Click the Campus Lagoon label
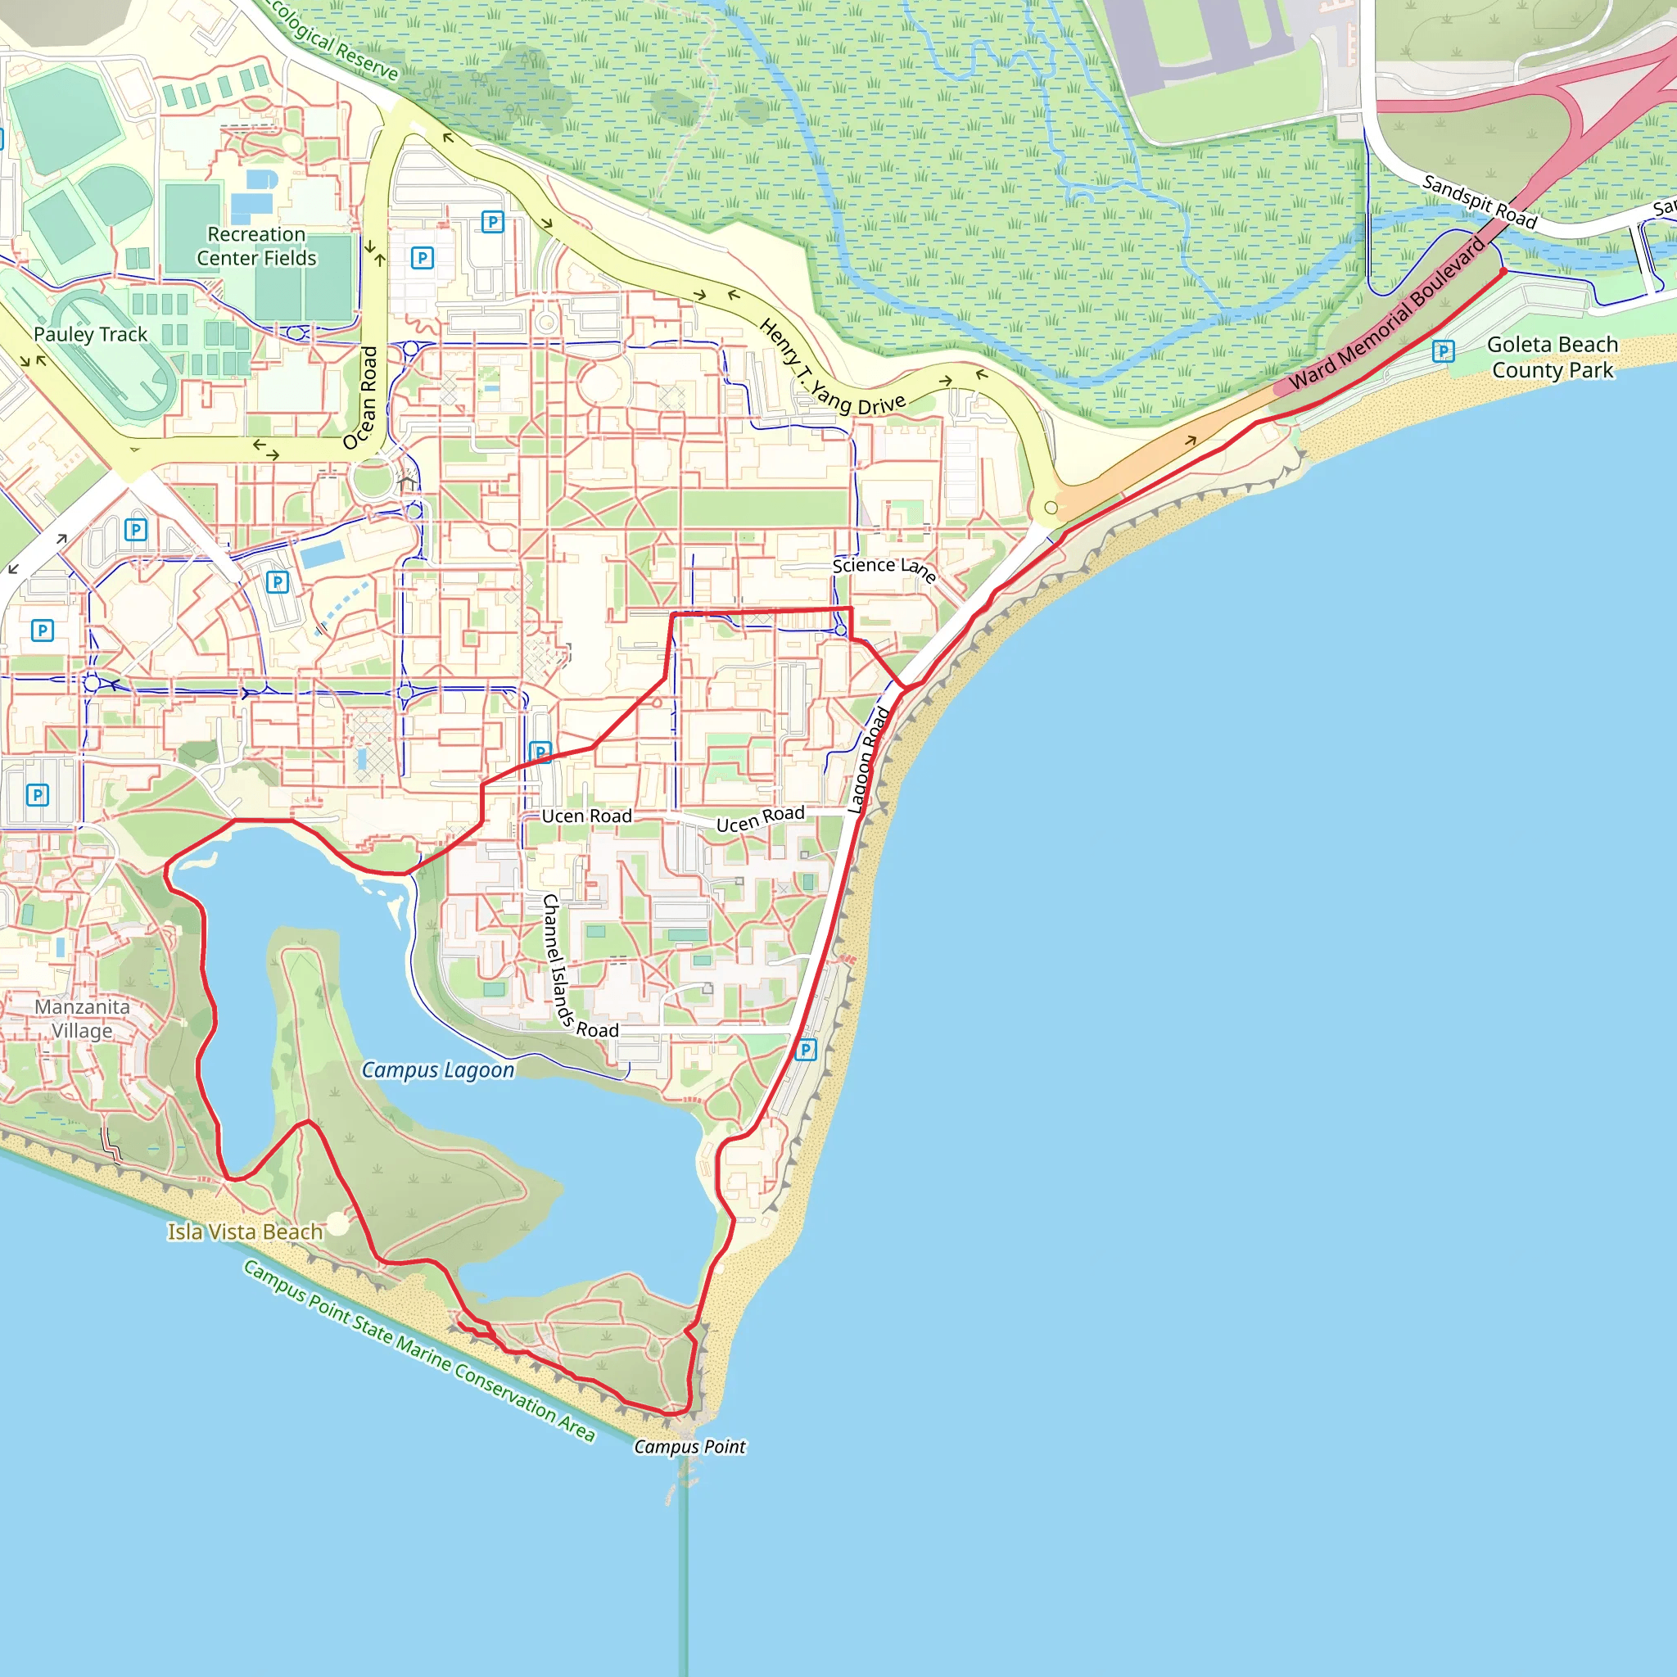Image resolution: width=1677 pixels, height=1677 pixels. coord(437,1070)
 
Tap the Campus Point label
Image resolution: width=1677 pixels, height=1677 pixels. coord(689,1447)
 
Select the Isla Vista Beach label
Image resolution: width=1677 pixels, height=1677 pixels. coord(245,1232)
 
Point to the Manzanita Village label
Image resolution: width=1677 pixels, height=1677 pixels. coord(83,1018)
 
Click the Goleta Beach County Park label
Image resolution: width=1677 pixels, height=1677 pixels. coord(1552,357)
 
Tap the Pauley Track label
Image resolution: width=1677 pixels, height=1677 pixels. coord(90,334)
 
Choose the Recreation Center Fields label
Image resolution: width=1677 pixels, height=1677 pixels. coord(256,246)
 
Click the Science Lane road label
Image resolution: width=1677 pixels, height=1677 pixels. coord(884,568)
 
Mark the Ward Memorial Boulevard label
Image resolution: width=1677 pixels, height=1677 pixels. coord(1388,314)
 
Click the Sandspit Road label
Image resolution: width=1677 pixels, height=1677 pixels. coord(1479,201)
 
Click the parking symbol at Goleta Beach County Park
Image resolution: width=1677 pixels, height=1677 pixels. coord(1443,350)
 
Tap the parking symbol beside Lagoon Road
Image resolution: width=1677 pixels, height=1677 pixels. coord(806,1051)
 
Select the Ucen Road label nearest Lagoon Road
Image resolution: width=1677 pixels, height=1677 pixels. coord(761,819)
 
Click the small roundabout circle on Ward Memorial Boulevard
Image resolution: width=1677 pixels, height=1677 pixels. coord(1051,508)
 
